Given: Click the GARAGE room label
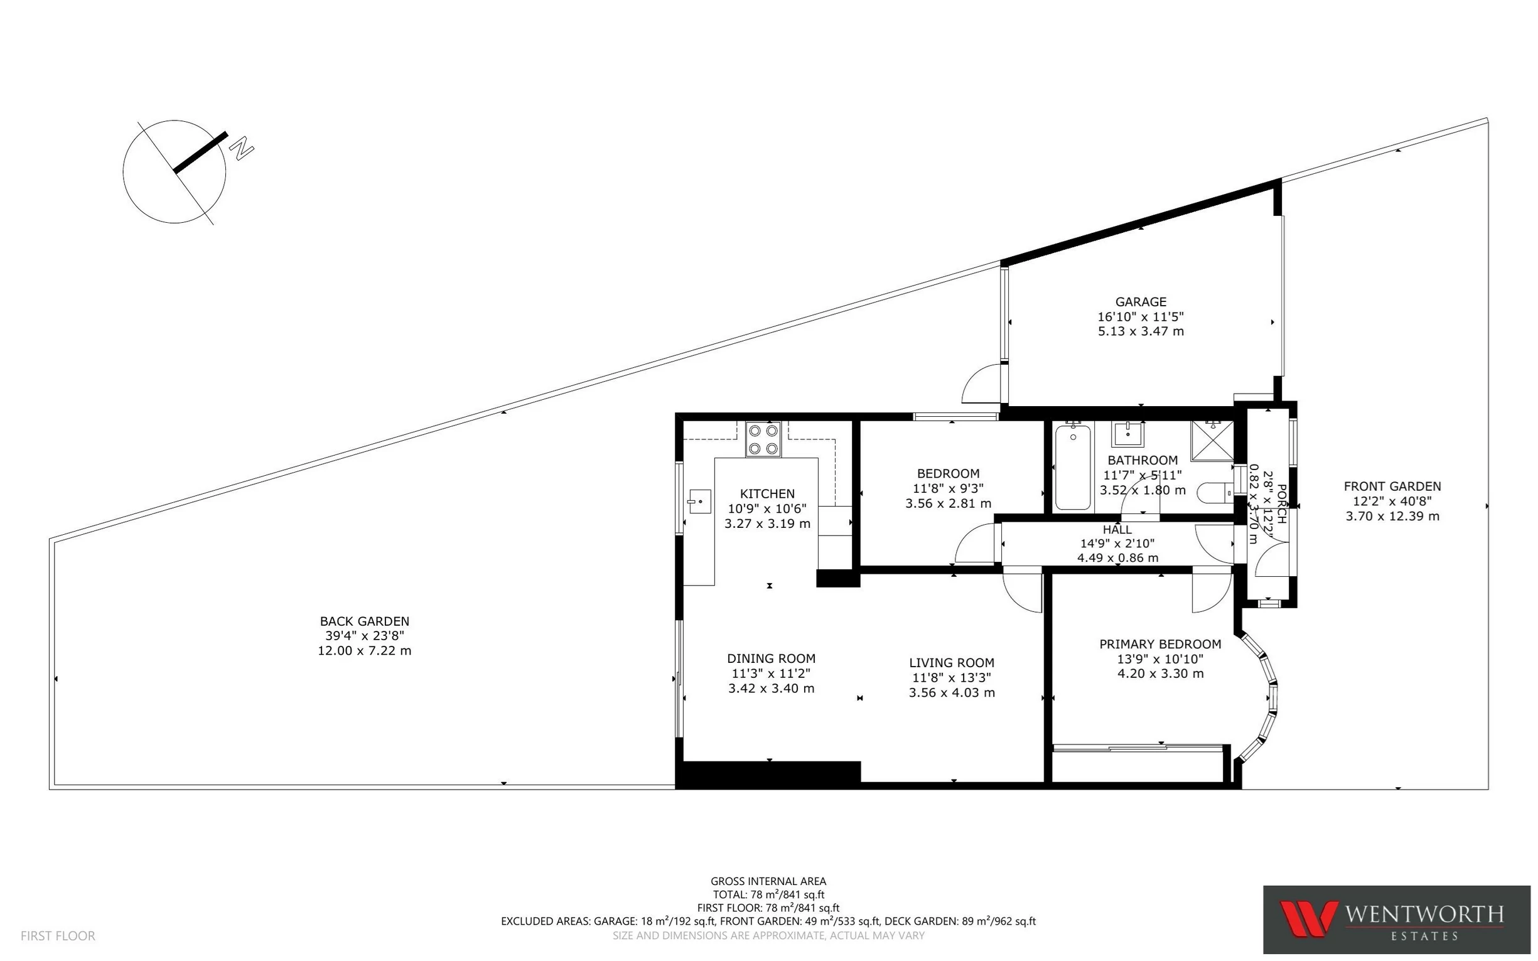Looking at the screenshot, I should (1140, 301).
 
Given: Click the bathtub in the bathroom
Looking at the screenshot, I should (1073, 467).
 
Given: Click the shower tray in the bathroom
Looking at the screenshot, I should (1212, 441).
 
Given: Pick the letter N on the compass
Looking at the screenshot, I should (241, 149).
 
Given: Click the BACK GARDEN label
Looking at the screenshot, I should (364, 621).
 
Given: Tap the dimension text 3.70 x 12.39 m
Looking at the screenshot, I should (1392, 516).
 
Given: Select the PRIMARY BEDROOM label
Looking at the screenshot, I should (1160, 644).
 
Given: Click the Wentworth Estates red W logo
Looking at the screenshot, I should (1308, 918).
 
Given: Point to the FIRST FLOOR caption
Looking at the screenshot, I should (58, 935).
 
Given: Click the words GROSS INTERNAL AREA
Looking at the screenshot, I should (768, 881).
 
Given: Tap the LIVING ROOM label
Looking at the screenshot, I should (951, 662).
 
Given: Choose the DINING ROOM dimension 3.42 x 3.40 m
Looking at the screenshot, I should (771, 689).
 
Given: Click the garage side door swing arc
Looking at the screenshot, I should (982, 384).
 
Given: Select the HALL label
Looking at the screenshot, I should (1117, 529).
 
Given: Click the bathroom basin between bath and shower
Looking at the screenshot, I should (1127, 434).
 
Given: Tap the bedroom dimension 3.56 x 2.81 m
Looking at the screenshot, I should (947, 503).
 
